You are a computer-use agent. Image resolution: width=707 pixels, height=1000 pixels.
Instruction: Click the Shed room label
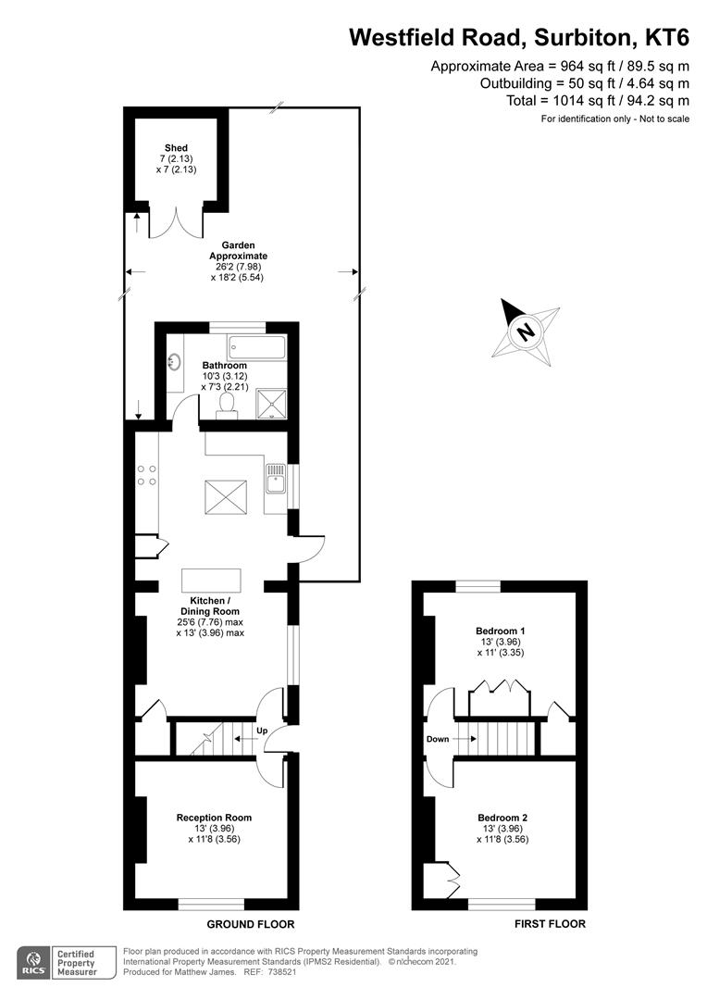(x=176, y=148)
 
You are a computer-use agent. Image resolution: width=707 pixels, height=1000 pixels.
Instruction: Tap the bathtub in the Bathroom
(x=256, y=349)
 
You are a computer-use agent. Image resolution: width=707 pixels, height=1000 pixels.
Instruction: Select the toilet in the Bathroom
(x=226, y=405)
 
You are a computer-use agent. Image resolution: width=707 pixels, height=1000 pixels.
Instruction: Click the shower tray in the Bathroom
(x=270, y=402)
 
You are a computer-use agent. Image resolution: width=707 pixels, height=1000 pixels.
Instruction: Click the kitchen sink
(x=275, y=481)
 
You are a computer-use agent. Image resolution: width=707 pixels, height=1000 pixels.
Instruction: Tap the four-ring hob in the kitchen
(x=146, y=475)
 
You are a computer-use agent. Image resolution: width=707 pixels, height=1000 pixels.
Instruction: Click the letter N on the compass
(x=526, y=331)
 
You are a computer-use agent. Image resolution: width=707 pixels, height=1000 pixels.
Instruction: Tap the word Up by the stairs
(x=261, y=731)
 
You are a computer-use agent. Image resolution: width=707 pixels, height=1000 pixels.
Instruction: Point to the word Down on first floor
(x=439, y=740)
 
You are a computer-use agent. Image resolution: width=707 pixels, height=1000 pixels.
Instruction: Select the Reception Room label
(x=214, y=818)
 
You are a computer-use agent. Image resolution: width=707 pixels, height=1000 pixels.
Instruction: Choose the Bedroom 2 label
(x=502, y=818)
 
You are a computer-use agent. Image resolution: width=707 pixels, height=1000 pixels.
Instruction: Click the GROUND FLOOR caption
(x=250, y=924)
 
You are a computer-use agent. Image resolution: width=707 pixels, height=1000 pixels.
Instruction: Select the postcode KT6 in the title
(x=667, y=37)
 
